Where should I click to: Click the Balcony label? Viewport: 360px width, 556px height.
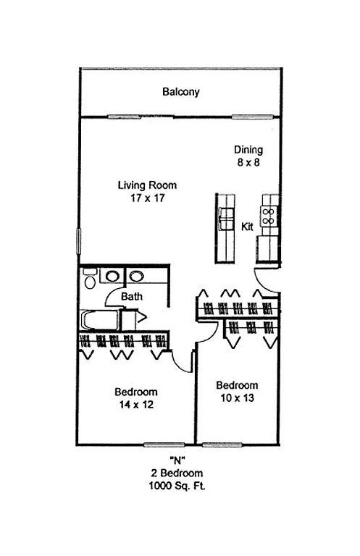[181, 92]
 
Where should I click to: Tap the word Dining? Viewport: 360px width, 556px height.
[248, 150]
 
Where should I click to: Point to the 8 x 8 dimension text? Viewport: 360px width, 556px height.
[248, 162]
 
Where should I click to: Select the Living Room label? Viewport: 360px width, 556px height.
[147, 185]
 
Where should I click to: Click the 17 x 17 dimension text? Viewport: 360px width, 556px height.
[147, 198]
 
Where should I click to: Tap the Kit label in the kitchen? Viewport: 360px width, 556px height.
[247, 227]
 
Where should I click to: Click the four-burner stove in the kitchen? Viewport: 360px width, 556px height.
[269, 216]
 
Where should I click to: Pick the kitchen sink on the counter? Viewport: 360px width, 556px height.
[226, 219]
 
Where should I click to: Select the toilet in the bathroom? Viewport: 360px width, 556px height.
[89, 278]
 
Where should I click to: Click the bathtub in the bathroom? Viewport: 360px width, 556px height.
[99, 320]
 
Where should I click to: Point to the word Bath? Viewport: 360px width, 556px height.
[132, 296]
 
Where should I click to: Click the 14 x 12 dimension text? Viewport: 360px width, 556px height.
[136, 405]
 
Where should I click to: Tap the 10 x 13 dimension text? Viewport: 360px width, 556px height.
[238, 398]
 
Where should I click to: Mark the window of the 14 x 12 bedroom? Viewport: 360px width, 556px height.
[164, 445]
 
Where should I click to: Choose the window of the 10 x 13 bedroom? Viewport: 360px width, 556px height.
[222, 445]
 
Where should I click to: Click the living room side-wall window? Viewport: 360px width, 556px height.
[79, 241]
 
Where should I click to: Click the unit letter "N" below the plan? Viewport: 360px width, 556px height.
[177, 460]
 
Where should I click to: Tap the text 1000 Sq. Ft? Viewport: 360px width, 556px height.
[177, 486]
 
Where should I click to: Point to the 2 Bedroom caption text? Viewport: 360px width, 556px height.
[177, 473]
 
